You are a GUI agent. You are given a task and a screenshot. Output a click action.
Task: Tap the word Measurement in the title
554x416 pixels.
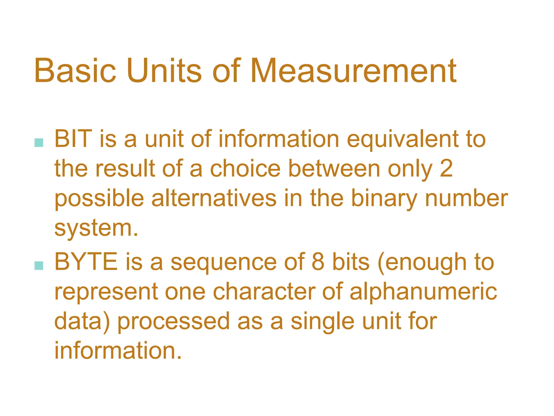click(x=353, y=71)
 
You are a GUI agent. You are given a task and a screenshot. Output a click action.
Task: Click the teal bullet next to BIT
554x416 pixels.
click(x=39, y=143)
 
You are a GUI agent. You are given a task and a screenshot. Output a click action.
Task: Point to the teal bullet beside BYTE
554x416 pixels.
click(x=39, y=266)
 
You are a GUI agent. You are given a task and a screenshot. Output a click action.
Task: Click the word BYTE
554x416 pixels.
click(x=86, y=262)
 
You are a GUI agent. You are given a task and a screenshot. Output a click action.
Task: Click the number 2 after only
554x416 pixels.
click(x=446, y=169)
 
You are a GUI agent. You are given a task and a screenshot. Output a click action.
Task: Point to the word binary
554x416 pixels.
click(x=384, y=199)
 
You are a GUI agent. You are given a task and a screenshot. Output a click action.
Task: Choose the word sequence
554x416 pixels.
click(x=223, y=263)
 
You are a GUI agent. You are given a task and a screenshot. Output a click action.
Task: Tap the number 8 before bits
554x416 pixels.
click(x=318, y=262)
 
